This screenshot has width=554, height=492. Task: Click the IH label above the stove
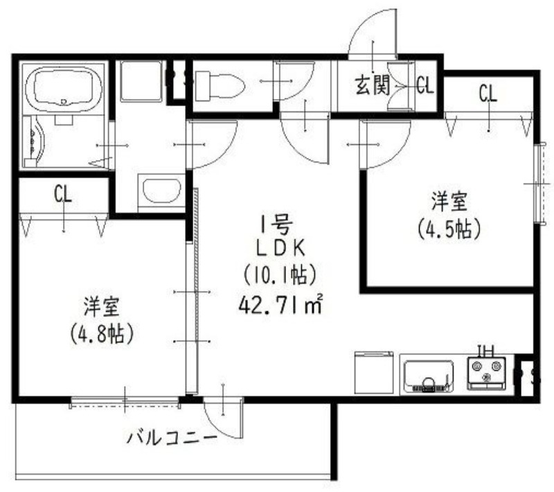pos(487,350)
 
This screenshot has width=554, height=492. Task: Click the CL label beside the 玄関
pos(425,86)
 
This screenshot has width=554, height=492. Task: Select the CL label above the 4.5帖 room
pos(488,93)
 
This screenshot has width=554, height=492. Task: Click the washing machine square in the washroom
pos(141,81)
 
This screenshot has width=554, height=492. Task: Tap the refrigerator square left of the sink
pos(374,372)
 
